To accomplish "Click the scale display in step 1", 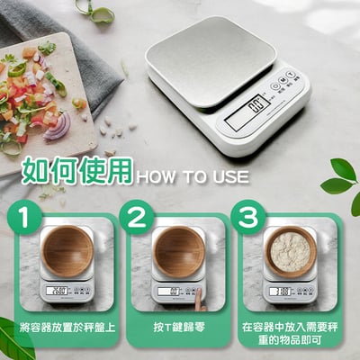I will point(58,290).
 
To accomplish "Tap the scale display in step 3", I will point(281,290).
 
